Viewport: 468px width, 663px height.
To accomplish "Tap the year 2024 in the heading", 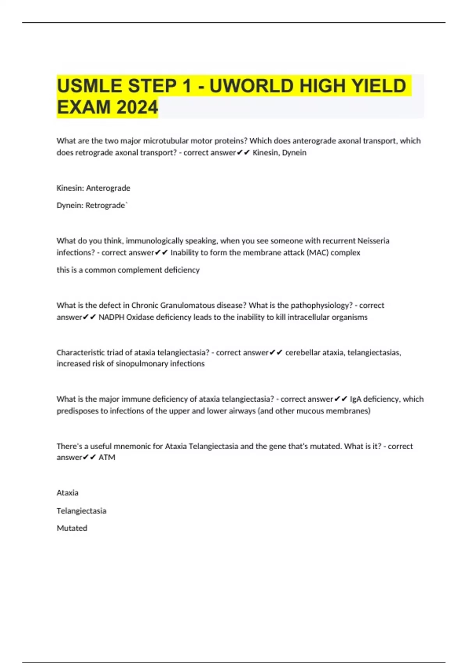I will (x=137, y=107).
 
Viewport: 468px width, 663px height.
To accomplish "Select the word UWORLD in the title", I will (x=251, y=86).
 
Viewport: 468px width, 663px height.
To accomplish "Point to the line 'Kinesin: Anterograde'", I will (x=93, y=188).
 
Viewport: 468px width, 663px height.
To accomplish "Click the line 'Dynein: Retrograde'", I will (x=91, y=205).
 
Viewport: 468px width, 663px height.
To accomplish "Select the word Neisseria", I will (x=373, y=241).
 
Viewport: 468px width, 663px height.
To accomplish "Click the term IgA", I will (x=355, y=399).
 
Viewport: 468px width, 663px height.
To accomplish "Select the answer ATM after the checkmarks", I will (x=107, y=457).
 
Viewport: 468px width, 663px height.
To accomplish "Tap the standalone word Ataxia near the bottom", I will (x=67, y=493).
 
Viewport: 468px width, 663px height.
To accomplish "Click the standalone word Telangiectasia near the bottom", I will (x=81, y=511).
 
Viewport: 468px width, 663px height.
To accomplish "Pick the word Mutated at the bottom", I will (x=72, y=528).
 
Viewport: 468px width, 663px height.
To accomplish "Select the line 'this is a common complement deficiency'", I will (x=128, y=270).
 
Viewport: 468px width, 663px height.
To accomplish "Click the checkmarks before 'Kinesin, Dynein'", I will (x=243, y=152).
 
